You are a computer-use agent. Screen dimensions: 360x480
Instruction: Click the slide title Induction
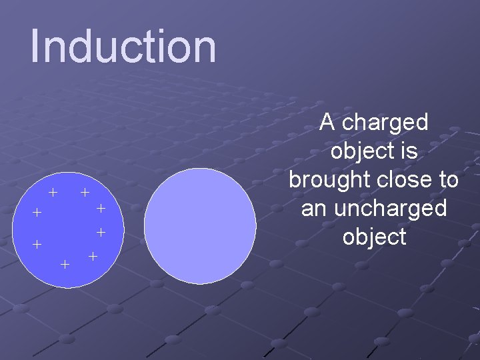point(123,47)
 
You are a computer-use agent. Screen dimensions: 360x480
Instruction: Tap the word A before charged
point(327,122)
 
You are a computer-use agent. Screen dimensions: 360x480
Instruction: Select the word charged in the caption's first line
point(387,123)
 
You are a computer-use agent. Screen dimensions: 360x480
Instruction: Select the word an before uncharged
point(315,209)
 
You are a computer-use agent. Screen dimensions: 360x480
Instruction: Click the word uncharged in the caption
point(389,209)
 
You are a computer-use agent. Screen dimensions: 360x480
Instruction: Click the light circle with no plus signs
point(200,226)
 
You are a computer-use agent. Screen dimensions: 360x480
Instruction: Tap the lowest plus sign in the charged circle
point(65,265)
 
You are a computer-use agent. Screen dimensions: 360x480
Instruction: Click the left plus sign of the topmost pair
point(53,193)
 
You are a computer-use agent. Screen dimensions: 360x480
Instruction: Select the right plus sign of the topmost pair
point(85,193)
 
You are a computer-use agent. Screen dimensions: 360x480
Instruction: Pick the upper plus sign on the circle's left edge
point(37,213)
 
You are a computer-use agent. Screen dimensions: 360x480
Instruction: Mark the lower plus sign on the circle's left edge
point(37,244)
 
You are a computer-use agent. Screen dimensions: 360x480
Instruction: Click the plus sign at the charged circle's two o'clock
point(101,209)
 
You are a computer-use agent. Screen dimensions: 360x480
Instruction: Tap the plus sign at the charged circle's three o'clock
point(101,233)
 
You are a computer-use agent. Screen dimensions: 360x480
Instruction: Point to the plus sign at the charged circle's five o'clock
point(93,257)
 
